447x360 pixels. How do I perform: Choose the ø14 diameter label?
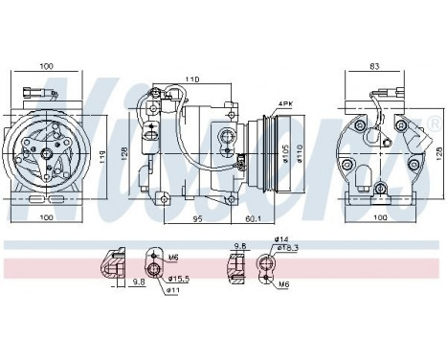point(280,238)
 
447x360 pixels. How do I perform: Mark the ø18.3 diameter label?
point(288,248)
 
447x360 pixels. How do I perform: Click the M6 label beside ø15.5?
point(174,259)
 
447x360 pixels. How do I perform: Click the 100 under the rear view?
point(380,218)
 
